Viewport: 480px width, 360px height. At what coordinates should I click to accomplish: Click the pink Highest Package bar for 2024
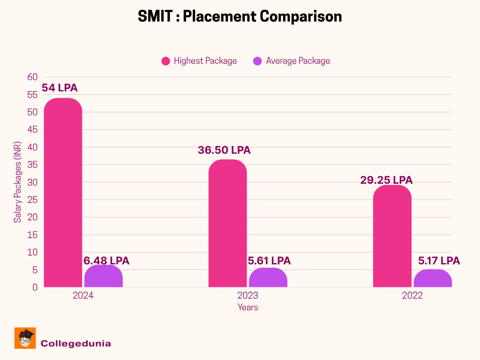pos(63,193)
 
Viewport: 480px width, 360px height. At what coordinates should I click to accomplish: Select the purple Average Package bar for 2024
pos(104,276)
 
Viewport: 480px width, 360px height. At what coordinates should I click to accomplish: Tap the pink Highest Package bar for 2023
pos(227,223)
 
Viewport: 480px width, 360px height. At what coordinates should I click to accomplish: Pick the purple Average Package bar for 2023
pos(268,277)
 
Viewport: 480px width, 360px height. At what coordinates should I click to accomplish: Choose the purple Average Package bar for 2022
pos(433,278)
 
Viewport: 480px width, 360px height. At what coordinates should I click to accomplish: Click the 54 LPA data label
pos(60,88)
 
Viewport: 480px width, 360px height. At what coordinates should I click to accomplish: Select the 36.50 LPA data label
pos(224,150)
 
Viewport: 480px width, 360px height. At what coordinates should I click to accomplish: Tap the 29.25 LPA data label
pos(386,180)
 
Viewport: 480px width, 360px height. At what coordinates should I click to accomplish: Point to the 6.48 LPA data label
pos(106,261)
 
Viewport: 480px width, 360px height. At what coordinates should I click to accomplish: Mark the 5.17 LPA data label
pos(439,261)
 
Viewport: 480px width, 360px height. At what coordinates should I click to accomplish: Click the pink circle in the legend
pos(165,61)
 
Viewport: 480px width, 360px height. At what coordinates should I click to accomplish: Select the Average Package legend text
pos(298,61)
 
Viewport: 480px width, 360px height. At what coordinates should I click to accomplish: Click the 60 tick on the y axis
pos(32,77)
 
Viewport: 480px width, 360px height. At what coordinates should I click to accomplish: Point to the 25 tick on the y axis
pos(32,200)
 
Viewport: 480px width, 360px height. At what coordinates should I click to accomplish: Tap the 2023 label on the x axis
pos(247,296)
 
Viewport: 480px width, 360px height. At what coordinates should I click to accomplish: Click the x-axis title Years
pos(247,307)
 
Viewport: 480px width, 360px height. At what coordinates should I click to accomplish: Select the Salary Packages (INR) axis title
pos(17,182)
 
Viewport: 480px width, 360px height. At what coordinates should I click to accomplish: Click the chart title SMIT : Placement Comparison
pos(240,16)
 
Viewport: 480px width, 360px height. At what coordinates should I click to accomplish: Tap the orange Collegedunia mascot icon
pos(25,338)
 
